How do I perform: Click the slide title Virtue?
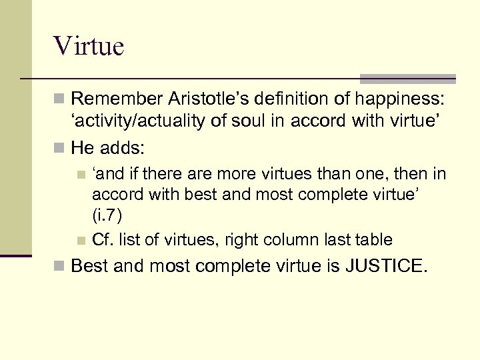[89, 47]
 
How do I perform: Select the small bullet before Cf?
[81, 241]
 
